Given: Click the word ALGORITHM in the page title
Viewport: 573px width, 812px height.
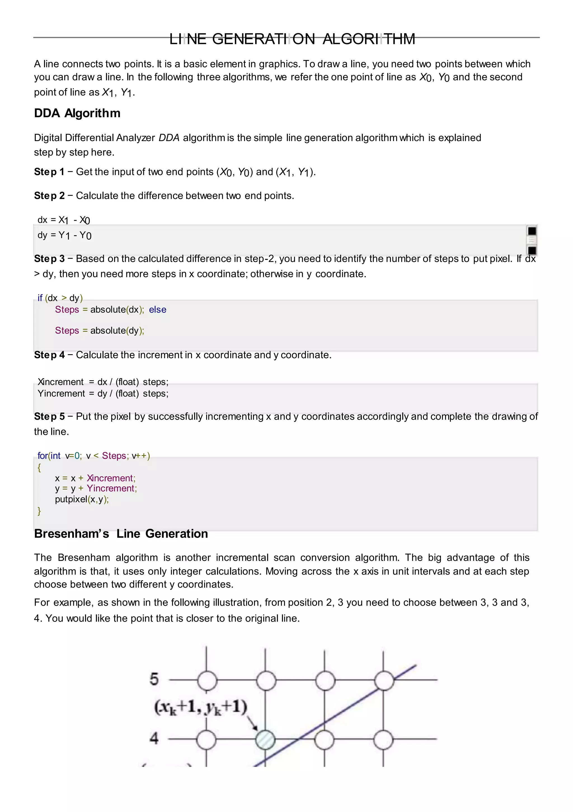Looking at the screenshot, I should tap(369, 39).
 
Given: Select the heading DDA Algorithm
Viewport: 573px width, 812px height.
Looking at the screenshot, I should tap(77, 113).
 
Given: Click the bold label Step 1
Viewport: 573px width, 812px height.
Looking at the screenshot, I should tap(49, 172).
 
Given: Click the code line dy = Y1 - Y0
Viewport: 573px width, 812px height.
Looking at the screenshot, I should tap(64, 235).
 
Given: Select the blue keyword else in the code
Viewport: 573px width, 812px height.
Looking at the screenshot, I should tap(157, 310).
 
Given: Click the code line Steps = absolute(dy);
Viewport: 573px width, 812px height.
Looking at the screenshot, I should tap(99, 331).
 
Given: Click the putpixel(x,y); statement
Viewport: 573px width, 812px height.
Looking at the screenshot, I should tap(82, 499).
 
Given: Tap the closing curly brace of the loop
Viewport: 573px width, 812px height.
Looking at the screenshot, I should tap(39, 511).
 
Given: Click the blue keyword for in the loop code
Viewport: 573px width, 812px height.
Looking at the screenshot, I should tap(43, 456).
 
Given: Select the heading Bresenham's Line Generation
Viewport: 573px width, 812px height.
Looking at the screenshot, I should tap(121, 534).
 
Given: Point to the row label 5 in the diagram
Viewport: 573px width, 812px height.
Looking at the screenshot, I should tap(154, 679).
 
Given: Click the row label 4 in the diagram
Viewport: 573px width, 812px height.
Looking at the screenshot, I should tap(154, 738).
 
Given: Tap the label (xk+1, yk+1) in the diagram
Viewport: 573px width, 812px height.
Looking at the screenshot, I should tap(200, 707).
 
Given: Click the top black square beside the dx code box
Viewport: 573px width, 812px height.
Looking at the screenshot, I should tap(532, 231).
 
